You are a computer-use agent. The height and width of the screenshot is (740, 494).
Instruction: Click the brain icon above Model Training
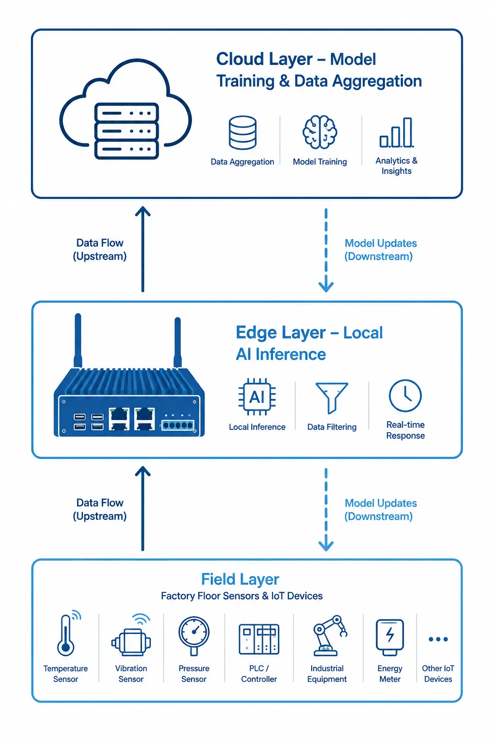coord(320,132)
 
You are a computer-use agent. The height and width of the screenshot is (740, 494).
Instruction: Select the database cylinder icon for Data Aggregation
coord(243,132)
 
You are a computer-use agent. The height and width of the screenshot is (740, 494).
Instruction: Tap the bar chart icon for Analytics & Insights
coord(397,132)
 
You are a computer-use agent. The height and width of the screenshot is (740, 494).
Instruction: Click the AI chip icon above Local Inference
coord(257,397)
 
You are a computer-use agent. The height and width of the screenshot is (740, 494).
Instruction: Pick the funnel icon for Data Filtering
coord(331,398)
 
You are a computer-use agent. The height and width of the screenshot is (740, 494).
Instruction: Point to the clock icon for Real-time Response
coord(405,396)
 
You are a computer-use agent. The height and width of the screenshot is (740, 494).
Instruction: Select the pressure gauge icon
coord(194,636)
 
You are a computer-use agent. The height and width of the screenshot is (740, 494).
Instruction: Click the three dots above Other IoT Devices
coord(438,639)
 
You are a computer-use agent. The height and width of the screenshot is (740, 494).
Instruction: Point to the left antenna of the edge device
coord(78,340)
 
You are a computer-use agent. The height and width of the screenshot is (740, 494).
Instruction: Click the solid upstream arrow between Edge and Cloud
coord(143,249)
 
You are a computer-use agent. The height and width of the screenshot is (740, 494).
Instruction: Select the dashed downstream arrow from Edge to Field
coord(326,509)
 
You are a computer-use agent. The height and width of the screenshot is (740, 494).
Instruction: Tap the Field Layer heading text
coord(240,580)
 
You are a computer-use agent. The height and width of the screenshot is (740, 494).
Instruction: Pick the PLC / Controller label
coord(259,674)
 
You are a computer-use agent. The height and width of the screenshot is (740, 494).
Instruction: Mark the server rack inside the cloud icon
coord(126,131)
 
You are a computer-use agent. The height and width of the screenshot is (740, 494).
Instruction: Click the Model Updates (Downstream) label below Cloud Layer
coord(381,250)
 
